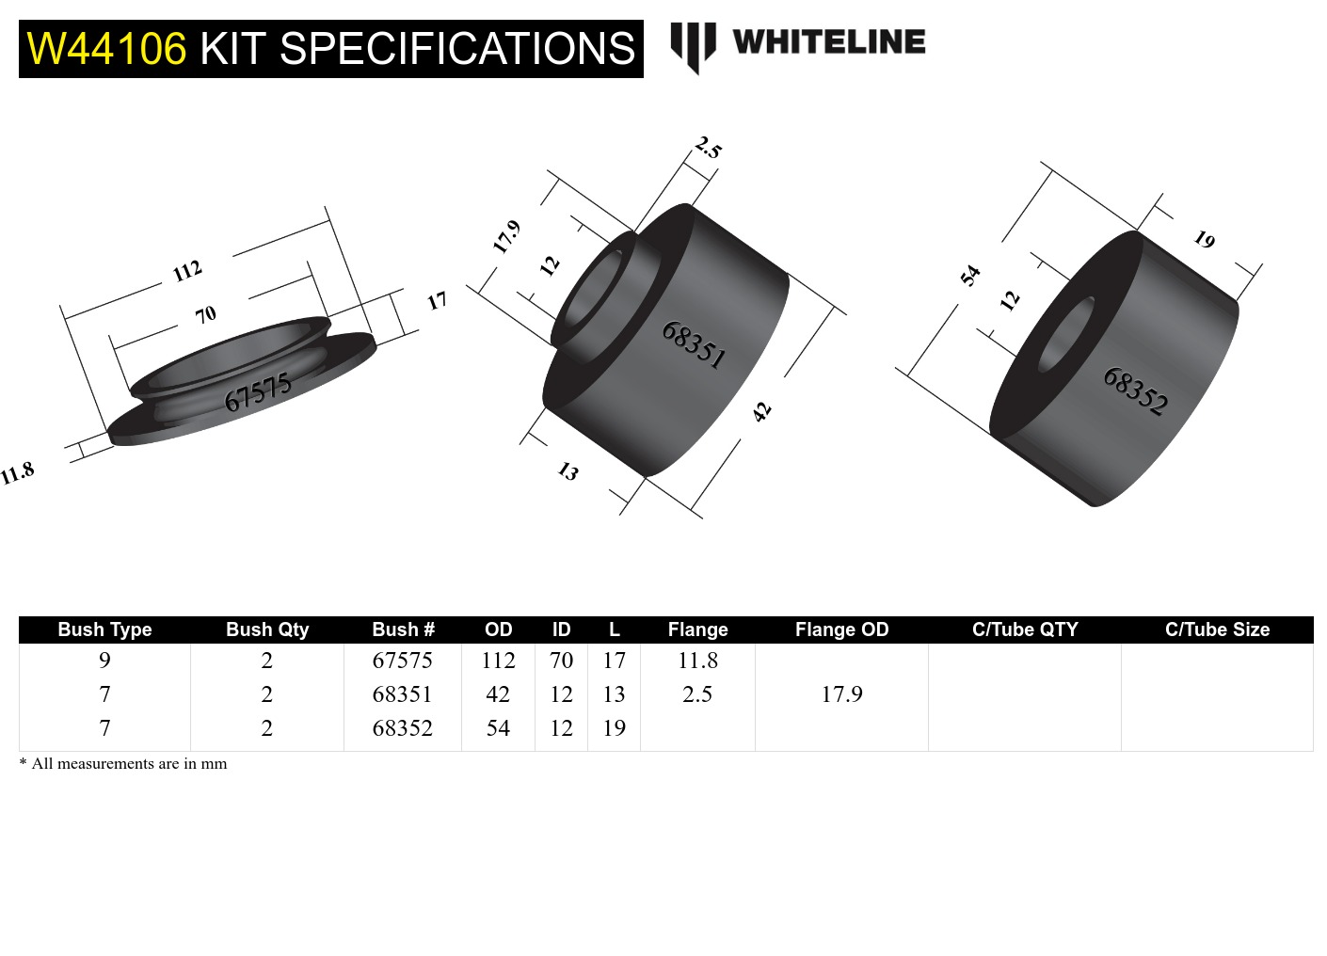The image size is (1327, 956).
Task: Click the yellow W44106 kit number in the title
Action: point(106,49)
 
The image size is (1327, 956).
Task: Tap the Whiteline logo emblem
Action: point(693,45)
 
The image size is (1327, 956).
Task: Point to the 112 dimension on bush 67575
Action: point(187,271)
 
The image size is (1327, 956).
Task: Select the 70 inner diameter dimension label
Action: point(206,314)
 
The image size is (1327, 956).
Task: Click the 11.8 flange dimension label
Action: point(17,472)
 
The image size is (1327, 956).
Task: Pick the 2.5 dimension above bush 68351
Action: point(708,148)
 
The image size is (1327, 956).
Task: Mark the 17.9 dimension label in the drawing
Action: point(506,236)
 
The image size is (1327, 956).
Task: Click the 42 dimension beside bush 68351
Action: point(761,411)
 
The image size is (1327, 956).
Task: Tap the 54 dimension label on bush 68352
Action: point(970,275)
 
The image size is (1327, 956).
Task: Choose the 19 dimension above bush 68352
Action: point(1204,240)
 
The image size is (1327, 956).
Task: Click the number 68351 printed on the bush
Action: point(694,344)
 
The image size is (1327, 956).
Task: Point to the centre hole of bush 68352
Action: point(1066,334)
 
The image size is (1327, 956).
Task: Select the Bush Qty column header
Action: point(267,629)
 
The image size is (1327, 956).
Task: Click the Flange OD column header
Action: point(841,629)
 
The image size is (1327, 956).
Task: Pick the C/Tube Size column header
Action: point(1217,629)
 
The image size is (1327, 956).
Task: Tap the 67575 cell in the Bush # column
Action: point(402,661)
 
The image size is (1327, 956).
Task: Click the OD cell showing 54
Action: point(498,728)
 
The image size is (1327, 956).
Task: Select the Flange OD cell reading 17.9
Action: point(841,694)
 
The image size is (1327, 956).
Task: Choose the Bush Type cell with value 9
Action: point(104,661)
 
